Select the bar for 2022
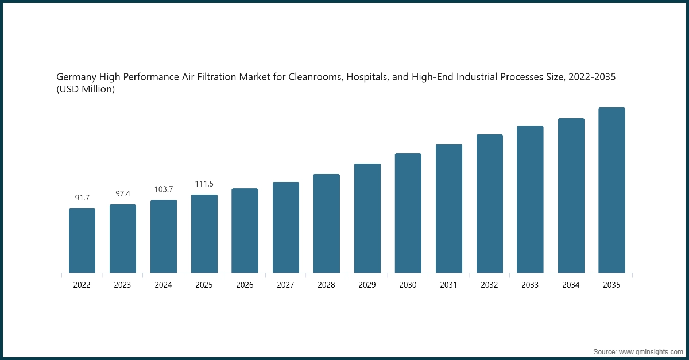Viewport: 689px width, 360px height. (82, 241)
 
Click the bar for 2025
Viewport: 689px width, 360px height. (204, 234)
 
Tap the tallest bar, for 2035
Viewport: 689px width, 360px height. (611, 190)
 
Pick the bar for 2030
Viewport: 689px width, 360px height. (408, 213)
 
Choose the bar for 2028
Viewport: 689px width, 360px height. (327, 223)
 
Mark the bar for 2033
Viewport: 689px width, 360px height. (530, 199)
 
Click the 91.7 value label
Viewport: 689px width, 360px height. (82, 198)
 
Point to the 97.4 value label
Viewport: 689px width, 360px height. (123, 194)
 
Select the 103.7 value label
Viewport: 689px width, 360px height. (164, 189)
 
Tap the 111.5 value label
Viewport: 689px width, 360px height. (204, 184)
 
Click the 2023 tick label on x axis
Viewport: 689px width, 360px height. (123, 285)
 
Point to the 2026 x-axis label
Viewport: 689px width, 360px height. (245, 285)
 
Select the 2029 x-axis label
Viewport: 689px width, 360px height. (367, 285)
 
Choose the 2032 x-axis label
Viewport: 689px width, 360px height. (489, 285)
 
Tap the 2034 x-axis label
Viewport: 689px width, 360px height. (571, 285)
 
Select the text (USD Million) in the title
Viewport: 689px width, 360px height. (86, 90)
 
